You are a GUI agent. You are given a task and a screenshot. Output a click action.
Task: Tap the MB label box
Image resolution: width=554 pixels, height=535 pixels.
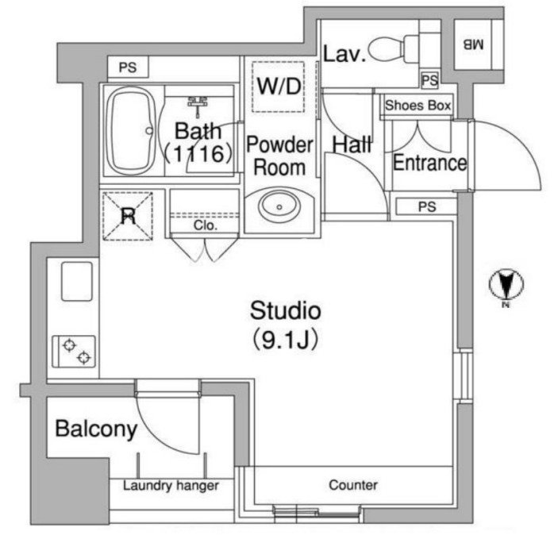coord(475,44)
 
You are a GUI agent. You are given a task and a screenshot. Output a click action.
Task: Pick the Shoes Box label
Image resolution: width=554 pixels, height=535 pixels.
coord(417,106)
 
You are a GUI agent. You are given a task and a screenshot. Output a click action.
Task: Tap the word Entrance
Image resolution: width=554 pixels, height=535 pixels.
coord(429,164)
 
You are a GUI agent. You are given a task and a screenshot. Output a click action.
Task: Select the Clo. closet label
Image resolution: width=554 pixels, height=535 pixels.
coord(205,225)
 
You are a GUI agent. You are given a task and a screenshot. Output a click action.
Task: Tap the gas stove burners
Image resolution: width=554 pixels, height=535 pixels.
coord(75,351)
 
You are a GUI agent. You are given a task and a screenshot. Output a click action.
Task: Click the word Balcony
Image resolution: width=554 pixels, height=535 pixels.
coord(96,430)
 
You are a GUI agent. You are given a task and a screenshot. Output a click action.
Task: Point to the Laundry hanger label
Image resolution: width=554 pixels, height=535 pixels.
coord(171,486)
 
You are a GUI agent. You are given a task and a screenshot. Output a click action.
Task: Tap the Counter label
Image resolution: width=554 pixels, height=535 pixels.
coord(353,485)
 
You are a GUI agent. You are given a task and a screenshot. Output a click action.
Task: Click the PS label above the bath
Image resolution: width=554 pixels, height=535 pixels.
coord(127,67)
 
